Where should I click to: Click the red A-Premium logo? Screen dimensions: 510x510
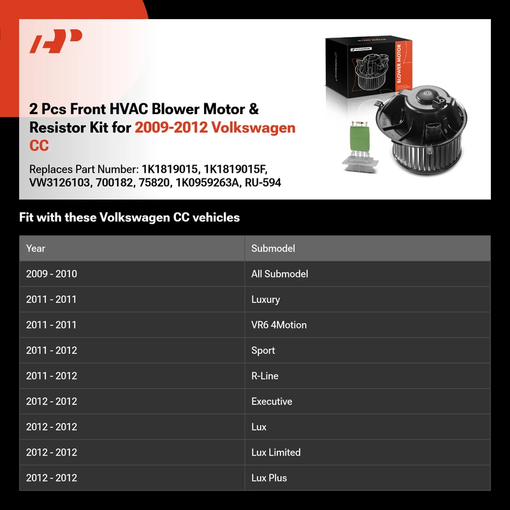55,41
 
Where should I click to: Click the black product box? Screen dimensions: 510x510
368,66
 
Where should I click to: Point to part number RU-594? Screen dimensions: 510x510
263,183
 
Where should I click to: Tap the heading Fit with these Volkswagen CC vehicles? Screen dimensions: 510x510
129,217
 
